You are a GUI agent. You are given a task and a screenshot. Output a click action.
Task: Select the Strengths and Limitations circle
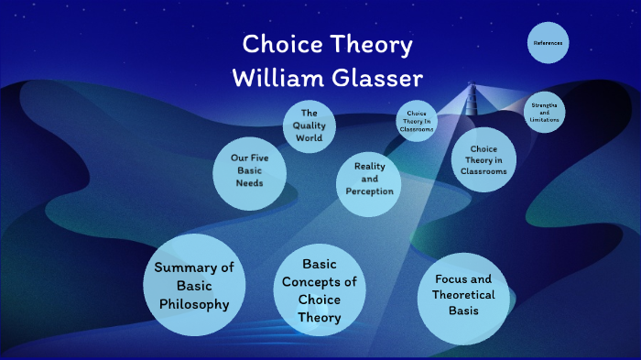pyautogui.click(x=544, y=114)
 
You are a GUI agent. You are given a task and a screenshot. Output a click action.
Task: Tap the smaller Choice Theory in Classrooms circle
pyautogui.click(x=416, y=122)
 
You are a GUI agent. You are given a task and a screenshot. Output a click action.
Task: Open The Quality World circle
pyautogui.click(x=309, y=125)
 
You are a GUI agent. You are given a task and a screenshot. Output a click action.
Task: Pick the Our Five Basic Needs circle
pyautogui.click(x=248, y=170)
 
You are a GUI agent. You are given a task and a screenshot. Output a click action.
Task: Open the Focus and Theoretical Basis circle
pyautogui.click(x=463, y=296)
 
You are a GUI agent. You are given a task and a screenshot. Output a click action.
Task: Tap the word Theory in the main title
pyautogui.click(x=371, y=46)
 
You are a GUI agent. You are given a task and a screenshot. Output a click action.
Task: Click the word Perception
pyautogui.click(x=369, y=191)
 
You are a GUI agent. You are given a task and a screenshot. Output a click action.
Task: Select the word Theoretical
pyautogui.click(x=463, y=295)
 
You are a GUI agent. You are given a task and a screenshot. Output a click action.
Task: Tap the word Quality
pyautogui.click(x=309, y=125)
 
